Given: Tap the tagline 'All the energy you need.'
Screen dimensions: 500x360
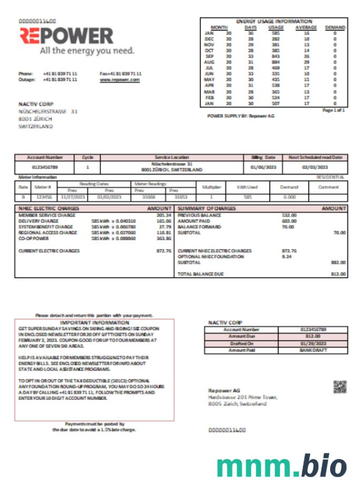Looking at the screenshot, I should tap(87, 51).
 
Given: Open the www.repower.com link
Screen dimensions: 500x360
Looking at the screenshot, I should tap(119, 79).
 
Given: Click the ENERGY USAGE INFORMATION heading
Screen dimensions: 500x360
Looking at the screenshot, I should tap(274, 21).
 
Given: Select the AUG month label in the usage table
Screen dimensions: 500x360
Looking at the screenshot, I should tap(209, 62).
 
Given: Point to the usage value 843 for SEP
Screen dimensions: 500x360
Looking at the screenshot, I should tap(276, 56).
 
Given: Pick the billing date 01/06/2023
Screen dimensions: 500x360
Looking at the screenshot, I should tap(263, 169).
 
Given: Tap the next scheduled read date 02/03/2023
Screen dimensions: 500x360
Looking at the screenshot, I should tap(315, 169).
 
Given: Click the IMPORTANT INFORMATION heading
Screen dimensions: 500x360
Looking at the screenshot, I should tap(94, 322).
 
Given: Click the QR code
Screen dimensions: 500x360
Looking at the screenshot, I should tap(340, 387).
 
